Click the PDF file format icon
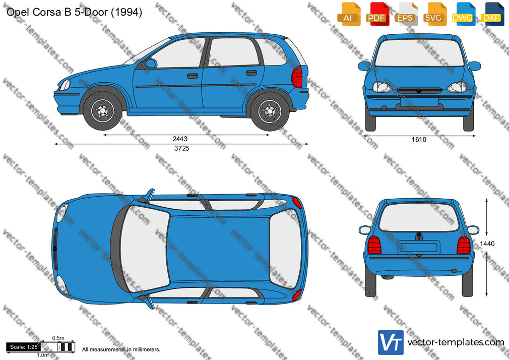click(x=377, y=14)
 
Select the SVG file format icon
click(x=434, y=14)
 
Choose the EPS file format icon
click(x=406, y=14)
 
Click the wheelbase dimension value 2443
click(x=180, y=139)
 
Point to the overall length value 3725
click(x=182, y=148)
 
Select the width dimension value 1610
click(x=419, y=140)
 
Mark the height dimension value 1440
click(x=487, y=244)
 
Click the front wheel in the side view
click(x=103, y=111)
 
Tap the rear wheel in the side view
click(x=270, y=111)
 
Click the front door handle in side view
click(x=193, y=76)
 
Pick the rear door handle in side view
click(x=251, y=73)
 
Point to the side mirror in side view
click(x=151, y=64)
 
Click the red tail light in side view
click(x=297, y=77)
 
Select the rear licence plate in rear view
click(x=419, y=247)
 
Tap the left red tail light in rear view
click(x=374, y=245)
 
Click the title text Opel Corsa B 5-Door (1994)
click(x=75, y=12)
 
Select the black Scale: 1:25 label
click(x=24, y=347)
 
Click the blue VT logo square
click(x=391, y=342)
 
